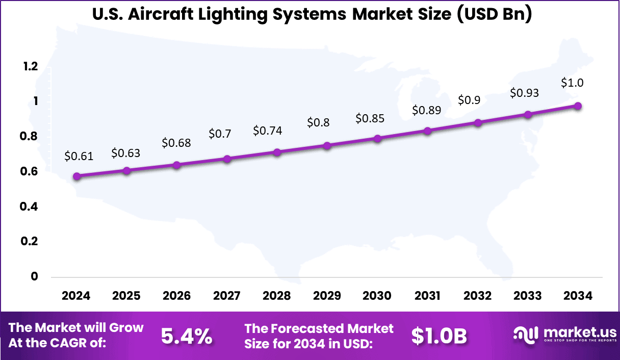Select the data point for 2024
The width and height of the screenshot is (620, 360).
coord(76,176)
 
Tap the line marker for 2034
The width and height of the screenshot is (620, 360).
coord(578,106)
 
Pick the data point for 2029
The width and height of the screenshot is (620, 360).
coord(327,146)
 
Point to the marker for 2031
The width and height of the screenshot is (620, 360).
coord(427,131)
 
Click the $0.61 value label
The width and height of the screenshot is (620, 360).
coord(79,156)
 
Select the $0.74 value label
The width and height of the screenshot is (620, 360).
coord(268,131)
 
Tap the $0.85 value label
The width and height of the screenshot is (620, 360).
coord(370,118)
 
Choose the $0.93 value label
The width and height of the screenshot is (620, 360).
coord(525,93)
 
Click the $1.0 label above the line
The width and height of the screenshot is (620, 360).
coord(572,83)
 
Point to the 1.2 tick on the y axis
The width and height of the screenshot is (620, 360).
coord(30,66)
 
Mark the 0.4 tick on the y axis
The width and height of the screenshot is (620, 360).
coord(30,207)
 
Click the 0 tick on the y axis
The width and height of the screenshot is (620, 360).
coord(34,276)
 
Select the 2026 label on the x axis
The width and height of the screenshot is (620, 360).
coord(177,296)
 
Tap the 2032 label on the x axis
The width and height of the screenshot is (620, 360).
coord(478,296)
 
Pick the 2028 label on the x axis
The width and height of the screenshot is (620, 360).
coord(277,296)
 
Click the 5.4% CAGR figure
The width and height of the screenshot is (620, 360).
coord(187,336)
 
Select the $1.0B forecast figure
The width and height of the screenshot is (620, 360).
coord(439,336)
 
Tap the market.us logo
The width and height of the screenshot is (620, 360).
coord(564,335)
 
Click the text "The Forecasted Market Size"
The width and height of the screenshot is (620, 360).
coord(319,328)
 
